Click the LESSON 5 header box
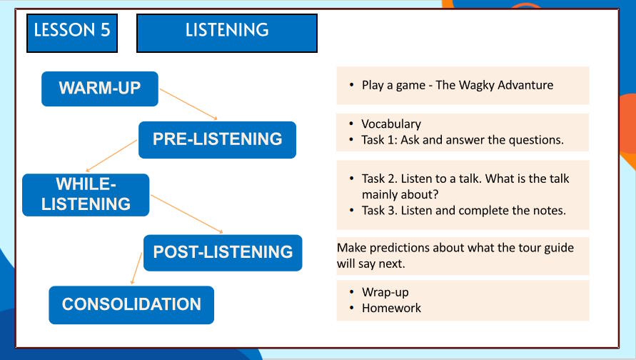72,34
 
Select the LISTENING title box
227,34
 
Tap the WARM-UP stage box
100,89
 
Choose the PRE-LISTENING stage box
218,139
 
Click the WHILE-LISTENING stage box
86,195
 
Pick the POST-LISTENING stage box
223,252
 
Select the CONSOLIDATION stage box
131,305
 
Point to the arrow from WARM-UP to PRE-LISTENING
188,104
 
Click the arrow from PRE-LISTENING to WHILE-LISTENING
111,156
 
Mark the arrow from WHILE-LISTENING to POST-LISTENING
187,214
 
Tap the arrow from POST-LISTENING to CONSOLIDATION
136,269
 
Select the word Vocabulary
391,124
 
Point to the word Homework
391,308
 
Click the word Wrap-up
385,293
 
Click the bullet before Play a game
352,85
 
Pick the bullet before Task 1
352,140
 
